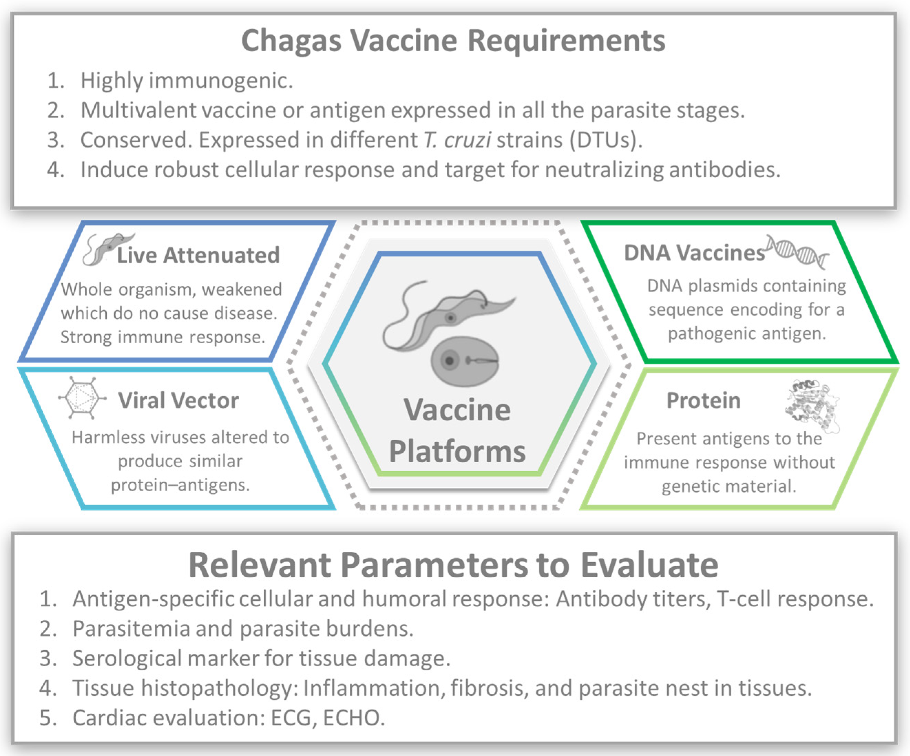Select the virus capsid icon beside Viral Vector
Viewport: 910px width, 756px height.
[82, 398]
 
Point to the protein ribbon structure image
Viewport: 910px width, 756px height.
[812, 405]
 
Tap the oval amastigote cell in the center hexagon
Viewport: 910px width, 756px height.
[465, 361]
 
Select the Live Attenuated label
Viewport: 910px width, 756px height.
[198, 255]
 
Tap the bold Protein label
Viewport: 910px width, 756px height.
[703, 400]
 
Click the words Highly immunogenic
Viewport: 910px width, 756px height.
[186, 81]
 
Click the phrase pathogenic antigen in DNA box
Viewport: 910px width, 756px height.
[747, 333]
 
